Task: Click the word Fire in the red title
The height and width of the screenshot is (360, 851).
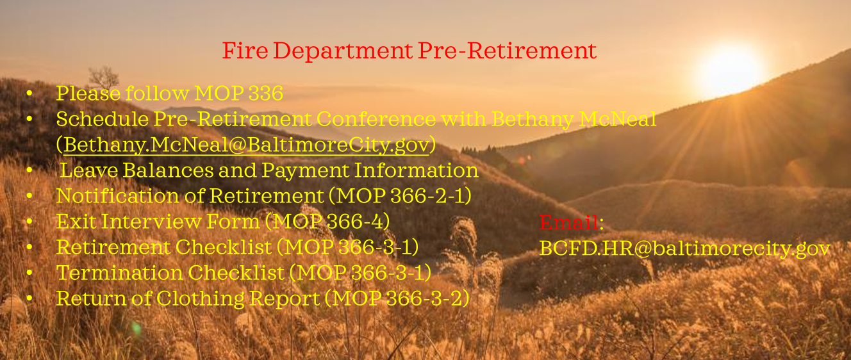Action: coord(245,51)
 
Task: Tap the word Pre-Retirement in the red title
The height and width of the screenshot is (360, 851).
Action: coord(507,51)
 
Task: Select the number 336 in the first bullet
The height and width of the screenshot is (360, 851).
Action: coord(265,94)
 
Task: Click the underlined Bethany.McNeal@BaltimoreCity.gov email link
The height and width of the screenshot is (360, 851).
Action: coord(246,145)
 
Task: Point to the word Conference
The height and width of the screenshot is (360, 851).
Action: coord(376,119)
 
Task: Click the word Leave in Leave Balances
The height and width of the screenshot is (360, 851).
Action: coord(89,170)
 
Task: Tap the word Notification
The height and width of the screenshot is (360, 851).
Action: coord(117,196)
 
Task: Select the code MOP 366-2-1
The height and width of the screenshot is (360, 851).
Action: coord(401,196)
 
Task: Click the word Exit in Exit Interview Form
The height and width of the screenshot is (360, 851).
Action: coord(76,222)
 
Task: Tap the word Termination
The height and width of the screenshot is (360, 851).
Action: coord(119,273)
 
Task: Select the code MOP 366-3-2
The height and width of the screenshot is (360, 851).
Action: coord(398,299)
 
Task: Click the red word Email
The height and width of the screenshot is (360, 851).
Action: coord(569,222)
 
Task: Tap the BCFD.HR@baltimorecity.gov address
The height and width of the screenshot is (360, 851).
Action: coord(684,249)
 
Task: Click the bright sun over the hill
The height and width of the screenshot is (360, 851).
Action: coord(729,69)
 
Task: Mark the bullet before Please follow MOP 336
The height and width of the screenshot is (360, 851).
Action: coord(29,94)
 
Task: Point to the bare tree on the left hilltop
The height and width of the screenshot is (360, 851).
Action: coord(104,78)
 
